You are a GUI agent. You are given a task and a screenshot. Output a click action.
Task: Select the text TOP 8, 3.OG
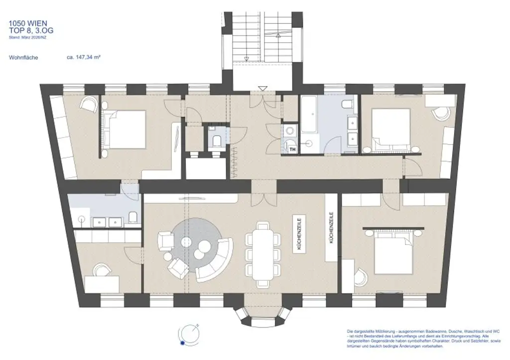tap(31, 30)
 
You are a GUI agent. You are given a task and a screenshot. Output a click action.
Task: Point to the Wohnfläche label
tap(23, 57)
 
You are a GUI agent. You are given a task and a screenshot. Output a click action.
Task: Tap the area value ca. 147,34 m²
tap(84, 57)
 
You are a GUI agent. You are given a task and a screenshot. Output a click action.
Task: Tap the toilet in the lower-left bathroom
tap(132, 217)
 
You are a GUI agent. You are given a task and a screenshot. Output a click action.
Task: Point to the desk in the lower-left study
tap(102, 284)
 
